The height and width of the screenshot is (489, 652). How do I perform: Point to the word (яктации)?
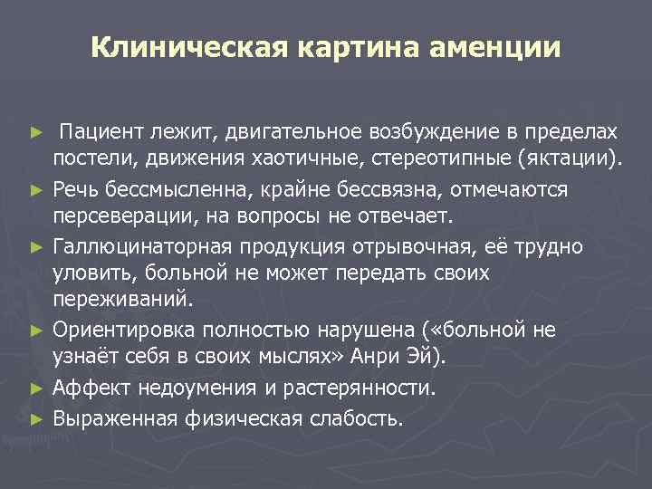click(x=572, y=161)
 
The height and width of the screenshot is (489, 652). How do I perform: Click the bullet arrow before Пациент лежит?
click(x=36, y=134)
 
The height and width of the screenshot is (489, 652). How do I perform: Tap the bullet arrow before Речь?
click(x=36, y=190)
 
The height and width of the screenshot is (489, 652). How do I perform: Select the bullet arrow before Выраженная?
click(x=36, y=417)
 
